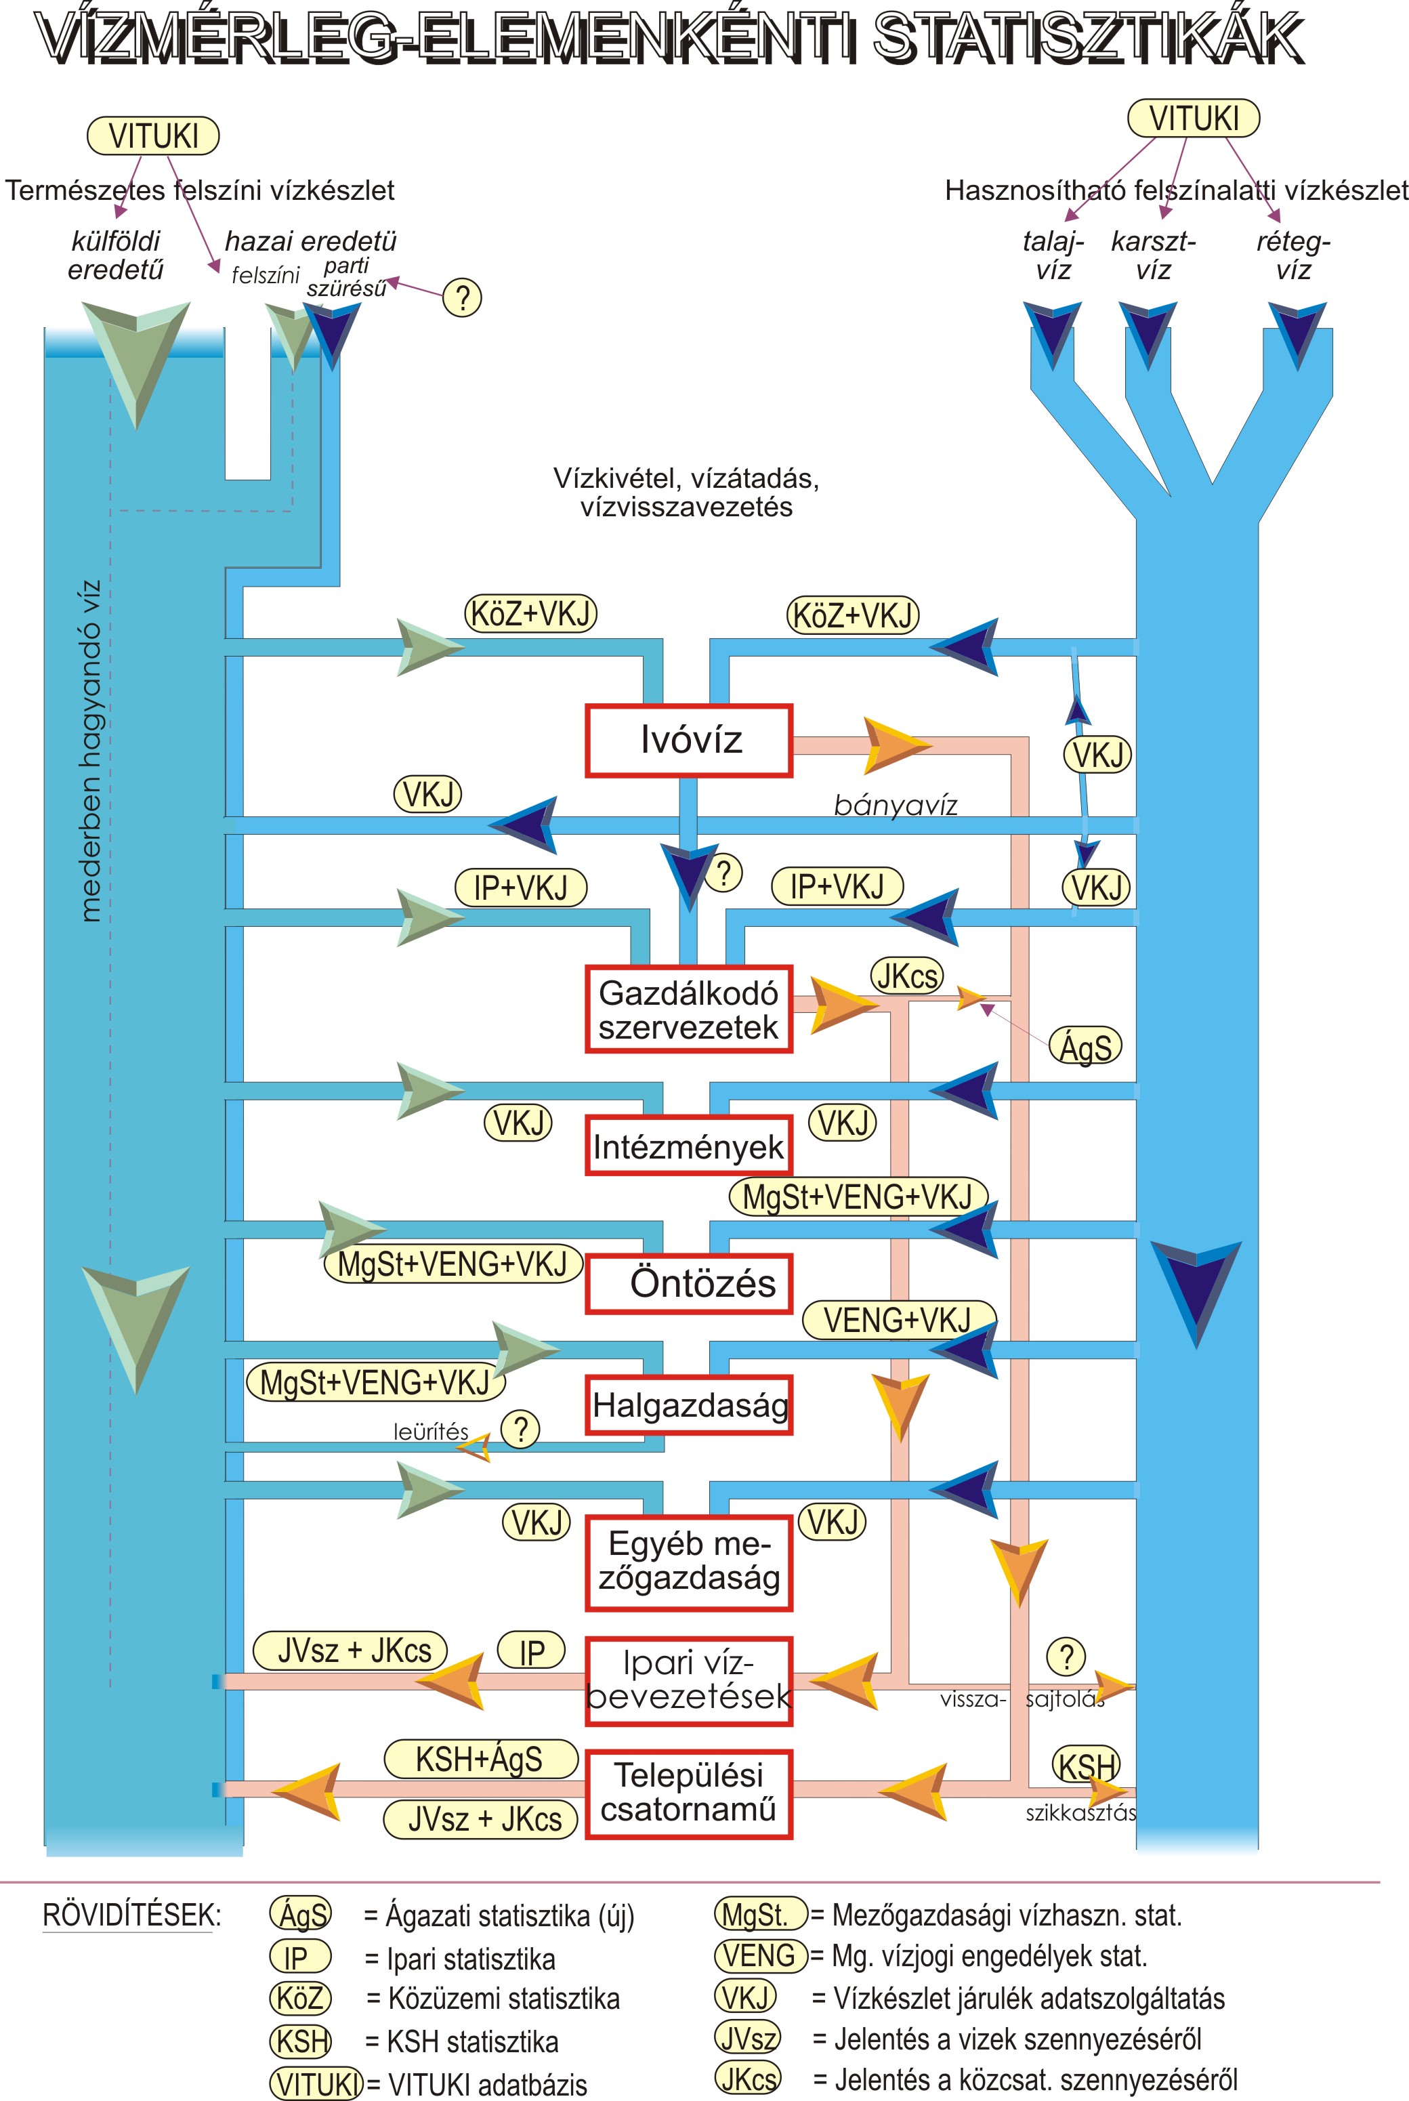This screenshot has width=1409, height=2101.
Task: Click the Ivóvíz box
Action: (x=689, y=741)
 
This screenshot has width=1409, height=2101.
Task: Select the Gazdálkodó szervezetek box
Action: (x=689, y=1009)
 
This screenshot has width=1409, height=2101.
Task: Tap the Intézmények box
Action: (x=689, y=1146)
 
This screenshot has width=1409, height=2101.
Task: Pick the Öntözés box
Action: (x=689, y=1283)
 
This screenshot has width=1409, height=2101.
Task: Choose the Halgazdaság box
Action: (x=689, y=1405)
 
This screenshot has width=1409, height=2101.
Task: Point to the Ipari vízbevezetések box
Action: (x=689, y=1680)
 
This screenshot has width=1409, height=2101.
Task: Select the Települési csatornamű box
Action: (x=689, y=1793)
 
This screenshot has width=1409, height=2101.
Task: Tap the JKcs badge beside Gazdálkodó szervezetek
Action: (x=906, y=976)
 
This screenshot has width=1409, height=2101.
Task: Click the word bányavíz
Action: (x=896, y=805)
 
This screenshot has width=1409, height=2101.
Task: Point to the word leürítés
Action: (x=430, y=1432)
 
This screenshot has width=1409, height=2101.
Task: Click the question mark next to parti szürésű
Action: (x=463, y=297)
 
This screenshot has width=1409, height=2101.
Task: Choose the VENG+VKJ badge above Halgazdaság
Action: (x=898, y=1319)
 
